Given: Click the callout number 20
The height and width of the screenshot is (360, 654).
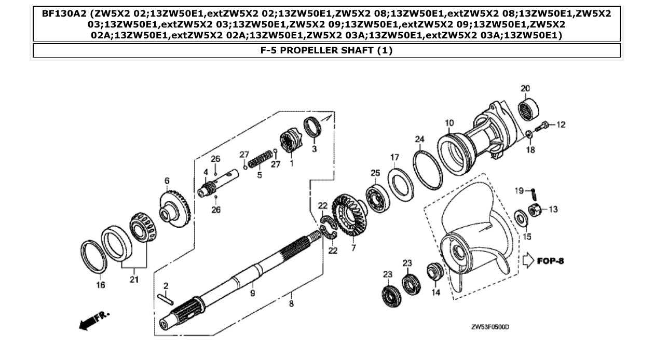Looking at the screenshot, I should coord(525,88).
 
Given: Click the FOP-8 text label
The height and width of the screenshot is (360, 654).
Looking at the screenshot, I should coord(550,260).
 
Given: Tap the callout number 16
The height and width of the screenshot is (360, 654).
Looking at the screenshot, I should coord(101,285).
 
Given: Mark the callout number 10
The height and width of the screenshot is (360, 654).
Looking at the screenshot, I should coord(449,123).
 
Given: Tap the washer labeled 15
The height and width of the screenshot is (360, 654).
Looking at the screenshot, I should coord(521,217).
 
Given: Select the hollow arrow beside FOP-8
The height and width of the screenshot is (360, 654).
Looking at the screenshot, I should coord(528,260).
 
